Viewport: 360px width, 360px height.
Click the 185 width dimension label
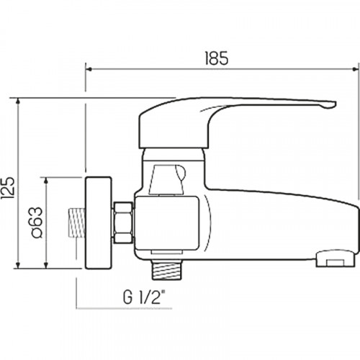(217, 58)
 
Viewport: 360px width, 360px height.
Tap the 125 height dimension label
(8, 189)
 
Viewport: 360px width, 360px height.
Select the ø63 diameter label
(37, 222)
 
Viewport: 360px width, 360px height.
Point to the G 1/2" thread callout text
(145, 297)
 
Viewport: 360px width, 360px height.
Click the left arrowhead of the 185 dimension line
(89, 69)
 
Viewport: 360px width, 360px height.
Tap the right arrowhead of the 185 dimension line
(356, 69)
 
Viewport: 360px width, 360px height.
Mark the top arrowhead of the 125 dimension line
(18, 102)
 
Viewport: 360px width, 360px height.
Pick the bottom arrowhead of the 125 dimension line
(18, 265)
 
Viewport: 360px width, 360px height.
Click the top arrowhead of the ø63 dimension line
(45, 181)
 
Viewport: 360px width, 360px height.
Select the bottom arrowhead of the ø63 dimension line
(45, 265)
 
